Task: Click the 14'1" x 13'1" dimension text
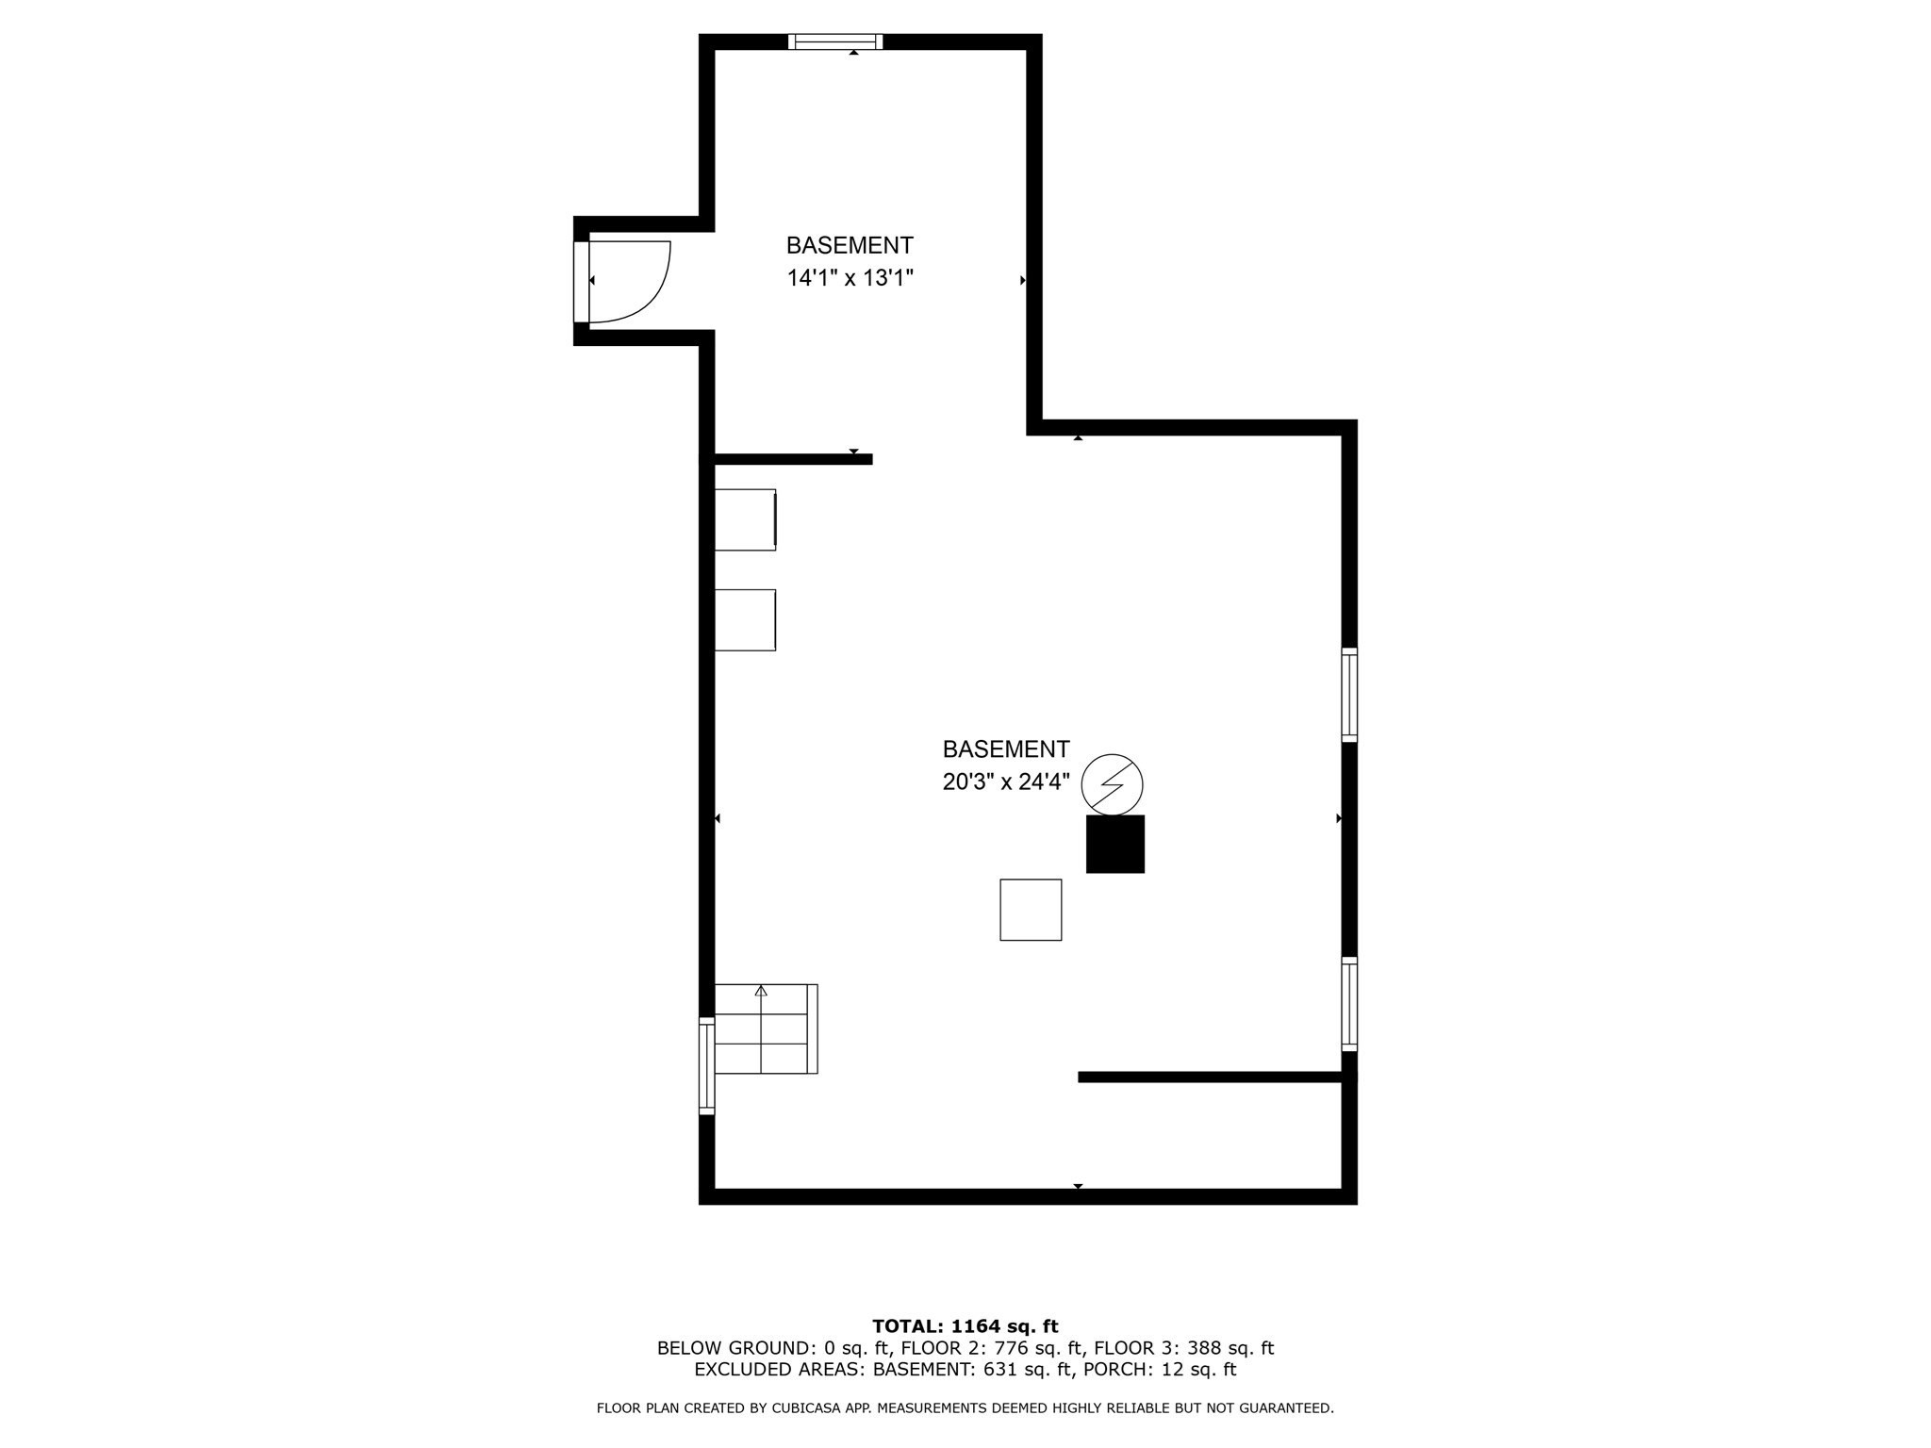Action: click(x=850, y=278)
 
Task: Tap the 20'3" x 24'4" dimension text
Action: click(x=1005, y=782)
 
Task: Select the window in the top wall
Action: click(x=835, y=41)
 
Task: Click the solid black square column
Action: click(x=1115, y=844)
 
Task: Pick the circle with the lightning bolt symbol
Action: click(x=1112, y=784)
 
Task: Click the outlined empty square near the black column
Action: click(x=1031, y=910)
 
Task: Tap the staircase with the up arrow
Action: click(x=765, y=1028)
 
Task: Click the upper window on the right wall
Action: click(x=1349, y=695)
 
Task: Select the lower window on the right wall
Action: click(x=1349, y=1004)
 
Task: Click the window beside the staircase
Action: click(x=706, y=1066)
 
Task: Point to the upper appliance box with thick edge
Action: click(x=745, y=519)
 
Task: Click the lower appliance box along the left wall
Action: click(x=745, y=620)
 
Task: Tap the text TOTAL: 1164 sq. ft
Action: click(x=965, y=1326)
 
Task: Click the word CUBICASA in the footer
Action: click(x=811, y=1408)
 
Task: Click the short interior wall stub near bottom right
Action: click(x=1210, y=1077)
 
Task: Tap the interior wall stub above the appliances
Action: click(x=792, y=459)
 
